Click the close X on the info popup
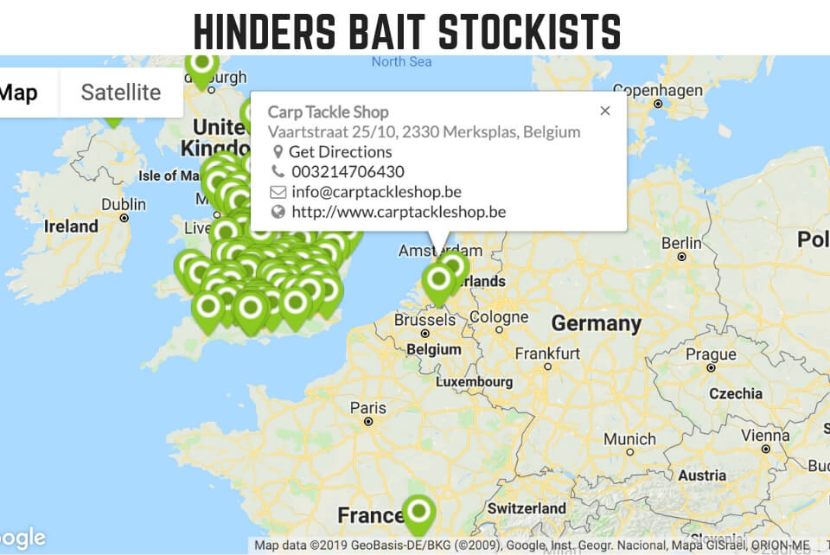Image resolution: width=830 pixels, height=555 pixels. pyautogui.click(x=605, y=111)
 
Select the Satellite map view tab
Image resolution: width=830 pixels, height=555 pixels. pyautogui.click(x=121, y=92)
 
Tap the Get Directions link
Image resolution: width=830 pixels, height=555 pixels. pyautogui.click(x=340, y=152)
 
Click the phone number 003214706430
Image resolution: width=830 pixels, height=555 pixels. pyautogui.click(x=348, y=172)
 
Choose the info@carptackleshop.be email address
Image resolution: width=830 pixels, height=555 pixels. pyautogui.click(x=376, y=192)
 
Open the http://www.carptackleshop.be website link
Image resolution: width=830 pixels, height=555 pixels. pyautogui.click(x=398, y=212)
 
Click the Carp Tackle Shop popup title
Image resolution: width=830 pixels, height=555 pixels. pyautogui.click(x=329, y=112)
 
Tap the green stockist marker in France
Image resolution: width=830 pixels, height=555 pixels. pyautogui.click(x=419, y=513)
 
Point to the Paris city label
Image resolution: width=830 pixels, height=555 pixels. pyautogui.click(x=367, y=407)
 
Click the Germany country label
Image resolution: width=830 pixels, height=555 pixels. pyautogui.click(x=597, y=324)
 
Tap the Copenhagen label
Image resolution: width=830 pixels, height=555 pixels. pyautogui.click(x=658, y=91)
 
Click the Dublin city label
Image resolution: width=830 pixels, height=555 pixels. pyautogui.click(x=123, y=204)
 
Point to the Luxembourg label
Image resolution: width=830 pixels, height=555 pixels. pyautogui.click(x=474, y=381)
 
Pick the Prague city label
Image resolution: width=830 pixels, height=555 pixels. pyautogui.click(x=711, y=354)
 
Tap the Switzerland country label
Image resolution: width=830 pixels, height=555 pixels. pyautogui.click(x=528, y=508)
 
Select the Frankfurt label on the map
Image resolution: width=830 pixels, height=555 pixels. pyautogui.click(x=547, y=354)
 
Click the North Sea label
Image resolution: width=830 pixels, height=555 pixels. pyautogui.click(x=401, y=61)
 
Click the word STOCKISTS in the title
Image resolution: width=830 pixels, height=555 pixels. pyautogui.click(x=530, y=31)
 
